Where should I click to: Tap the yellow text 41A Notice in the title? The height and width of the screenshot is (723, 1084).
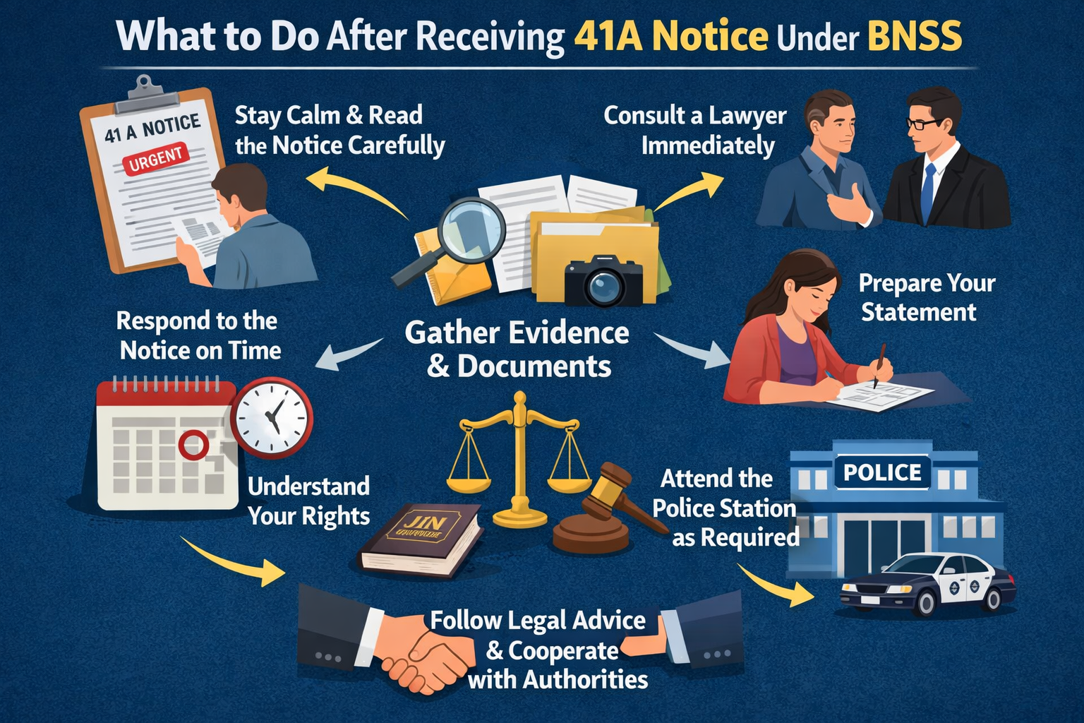(x=670, y=37)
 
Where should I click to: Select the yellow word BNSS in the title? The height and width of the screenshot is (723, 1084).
(x=914, y=37)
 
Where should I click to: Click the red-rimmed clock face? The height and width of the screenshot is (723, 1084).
(x=272, y=417)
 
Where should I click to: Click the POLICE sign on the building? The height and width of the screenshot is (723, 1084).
(x=882, y=472)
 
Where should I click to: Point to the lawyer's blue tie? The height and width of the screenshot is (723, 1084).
(x=928, y=191)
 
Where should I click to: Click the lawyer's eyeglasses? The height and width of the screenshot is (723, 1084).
(x=923, y=124)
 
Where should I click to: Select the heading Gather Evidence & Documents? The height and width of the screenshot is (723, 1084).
(x=517, y=349)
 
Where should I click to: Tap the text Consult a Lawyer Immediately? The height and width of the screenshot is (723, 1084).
(x=695, y=130)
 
